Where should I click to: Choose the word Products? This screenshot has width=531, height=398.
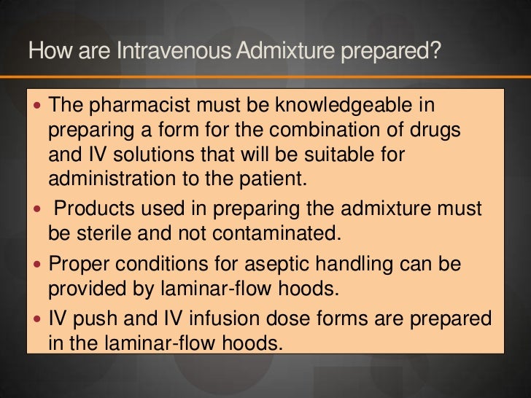(90, 208)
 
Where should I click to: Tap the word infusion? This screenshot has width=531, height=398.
(204, 319)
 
